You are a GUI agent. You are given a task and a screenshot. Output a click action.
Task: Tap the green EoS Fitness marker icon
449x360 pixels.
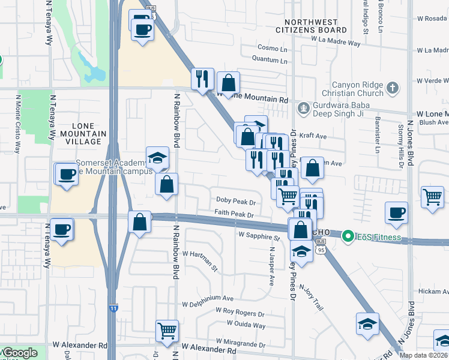click(x=346, y=237)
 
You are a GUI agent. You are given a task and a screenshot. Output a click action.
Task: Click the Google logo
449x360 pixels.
click(x=19, y=353)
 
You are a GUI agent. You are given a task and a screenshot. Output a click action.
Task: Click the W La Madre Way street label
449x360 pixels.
click(x=336, y=43)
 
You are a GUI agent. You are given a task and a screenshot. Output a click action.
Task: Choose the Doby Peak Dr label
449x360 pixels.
click(x=236, y=202)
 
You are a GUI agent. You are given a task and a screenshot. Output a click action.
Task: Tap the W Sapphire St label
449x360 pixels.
click(x=259, y=236)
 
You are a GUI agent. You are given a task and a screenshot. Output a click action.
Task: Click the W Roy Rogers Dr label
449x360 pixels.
click(x=240, y=313)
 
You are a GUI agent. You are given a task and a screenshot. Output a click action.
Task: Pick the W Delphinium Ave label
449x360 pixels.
click(x=208, y=298)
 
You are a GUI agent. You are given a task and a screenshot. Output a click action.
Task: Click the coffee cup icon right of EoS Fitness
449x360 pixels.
click(x=396, y=213)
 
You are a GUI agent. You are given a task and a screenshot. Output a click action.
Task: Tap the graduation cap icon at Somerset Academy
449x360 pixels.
click(x=157, y=158)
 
